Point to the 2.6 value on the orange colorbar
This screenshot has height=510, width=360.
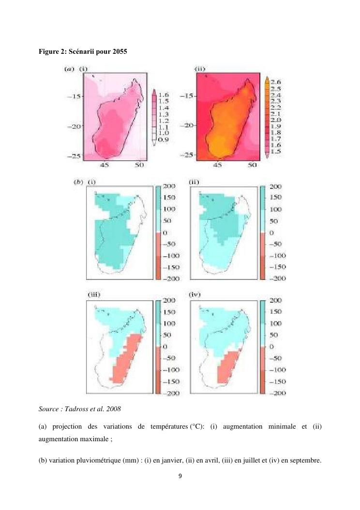281,83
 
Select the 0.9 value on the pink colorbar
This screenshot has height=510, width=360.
165,139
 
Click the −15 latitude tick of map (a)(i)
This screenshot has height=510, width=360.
73,96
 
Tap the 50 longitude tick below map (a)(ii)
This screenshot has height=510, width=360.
252,165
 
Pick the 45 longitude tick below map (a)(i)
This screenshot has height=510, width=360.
104,165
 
